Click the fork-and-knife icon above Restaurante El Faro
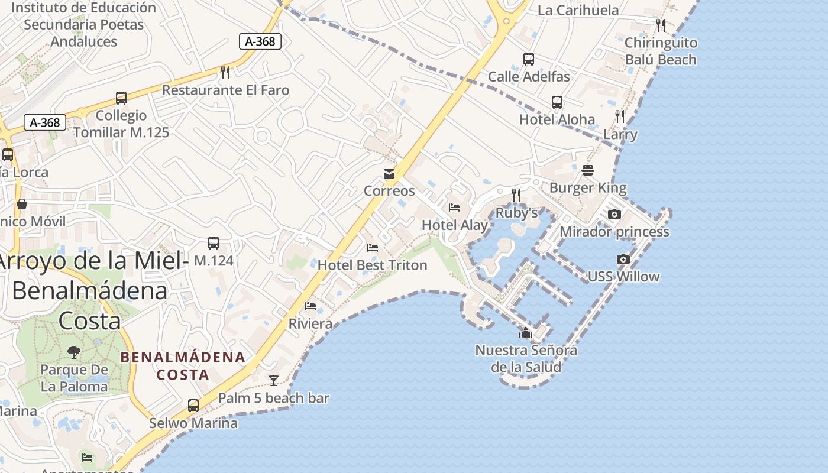[x=225, y=73]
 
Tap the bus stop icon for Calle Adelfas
[x=529, y=59]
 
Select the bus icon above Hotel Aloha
[x=557, y=102]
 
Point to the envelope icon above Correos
[x=389, y=174]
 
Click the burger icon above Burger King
[x=588, y=170]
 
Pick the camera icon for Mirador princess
[x=614, y=214]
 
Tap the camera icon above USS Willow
[x=623, y=259]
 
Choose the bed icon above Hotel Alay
[x=454, y=208]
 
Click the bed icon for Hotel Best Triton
[x=373, y=248]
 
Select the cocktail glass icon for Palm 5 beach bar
[x=274, y=381]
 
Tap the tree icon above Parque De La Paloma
[x=74, y=352]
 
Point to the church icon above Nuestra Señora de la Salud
[x=526, y=333]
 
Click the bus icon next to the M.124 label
[x=214, y=243]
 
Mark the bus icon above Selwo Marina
[x=193, y=406]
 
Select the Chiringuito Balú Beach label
[x=661, y=51]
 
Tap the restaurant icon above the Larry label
[x=620, y=116]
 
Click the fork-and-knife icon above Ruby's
[x=516, y=195]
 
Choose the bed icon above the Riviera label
[x=310, y=306]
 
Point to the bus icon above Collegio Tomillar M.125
[x=121, y=98]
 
